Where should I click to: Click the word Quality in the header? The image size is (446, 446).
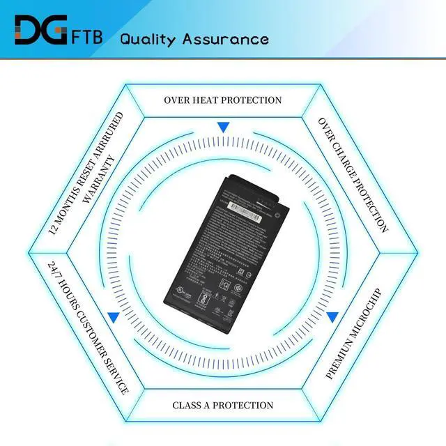(148, 38)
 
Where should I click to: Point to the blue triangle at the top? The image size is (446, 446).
(223, 128)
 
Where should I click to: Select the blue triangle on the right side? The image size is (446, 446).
(332, 316)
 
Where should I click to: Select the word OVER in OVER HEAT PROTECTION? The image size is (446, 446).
(177, 100)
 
